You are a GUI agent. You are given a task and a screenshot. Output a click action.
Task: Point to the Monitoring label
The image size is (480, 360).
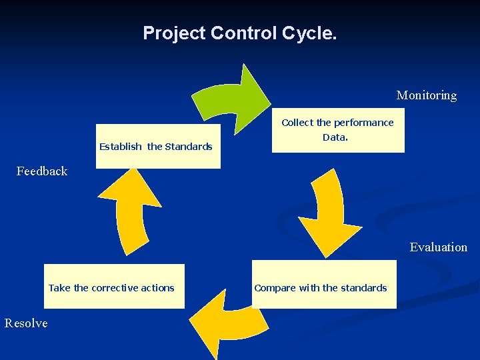pyautogui.click(x=427, y=95)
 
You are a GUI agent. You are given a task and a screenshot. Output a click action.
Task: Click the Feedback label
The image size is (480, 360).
pyautogui.click(x=42, y=171)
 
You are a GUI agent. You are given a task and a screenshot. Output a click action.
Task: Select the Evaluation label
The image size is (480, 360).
pyautogui.click(x=439, y=247)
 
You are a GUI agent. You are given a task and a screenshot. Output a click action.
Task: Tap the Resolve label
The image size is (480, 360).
pyautogui.click(x=26, y=323)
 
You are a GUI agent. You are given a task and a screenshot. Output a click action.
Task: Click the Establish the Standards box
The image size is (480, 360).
pyautogui.click(x=158, y=147)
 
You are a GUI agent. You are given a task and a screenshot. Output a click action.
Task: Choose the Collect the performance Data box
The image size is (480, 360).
pyautogui.click(x=338, y=130)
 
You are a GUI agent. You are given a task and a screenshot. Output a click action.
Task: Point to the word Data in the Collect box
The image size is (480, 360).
pyautogui.click(x=335, y=137)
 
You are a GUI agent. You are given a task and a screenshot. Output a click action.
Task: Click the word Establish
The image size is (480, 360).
pyautogui.click(x=121, y=147)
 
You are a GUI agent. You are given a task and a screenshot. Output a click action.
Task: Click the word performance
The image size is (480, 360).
pyautogui.click(x=364, y=123)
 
